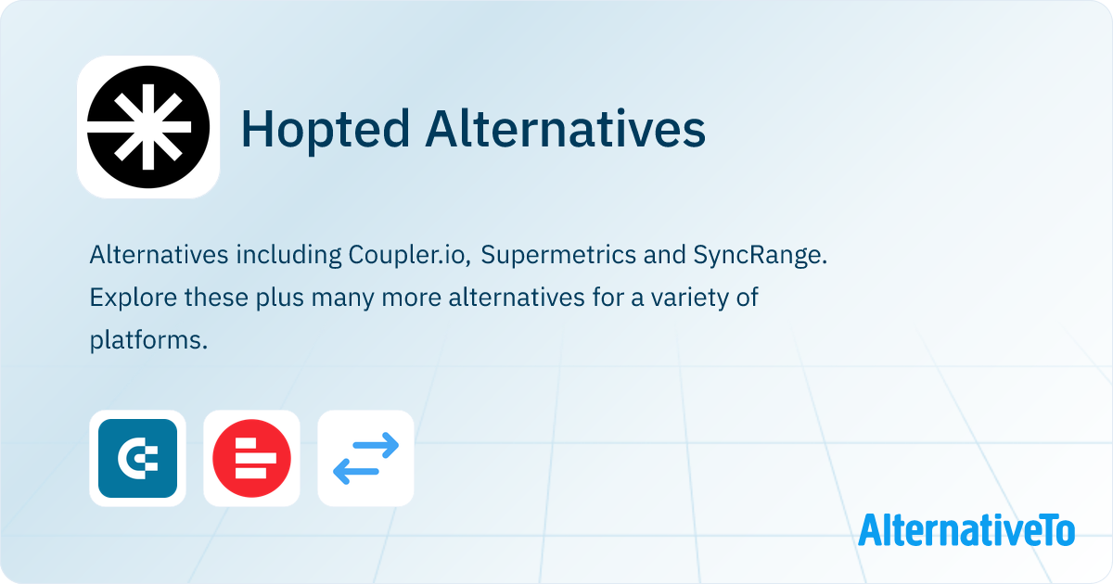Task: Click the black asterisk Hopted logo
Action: tap(147, 127)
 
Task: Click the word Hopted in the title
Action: tap(325, 129)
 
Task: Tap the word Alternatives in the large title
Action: tap(566, 129)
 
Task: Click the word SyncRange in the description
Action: tap(769, 256)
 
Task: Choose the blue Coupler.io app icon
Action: tap(137, 458)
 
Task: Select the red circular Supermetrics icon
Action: tap(251, 458)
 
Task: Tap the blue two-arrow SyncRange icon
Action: tap(365, 458)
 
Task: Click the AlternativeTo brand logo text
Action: tap(966, 529)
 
